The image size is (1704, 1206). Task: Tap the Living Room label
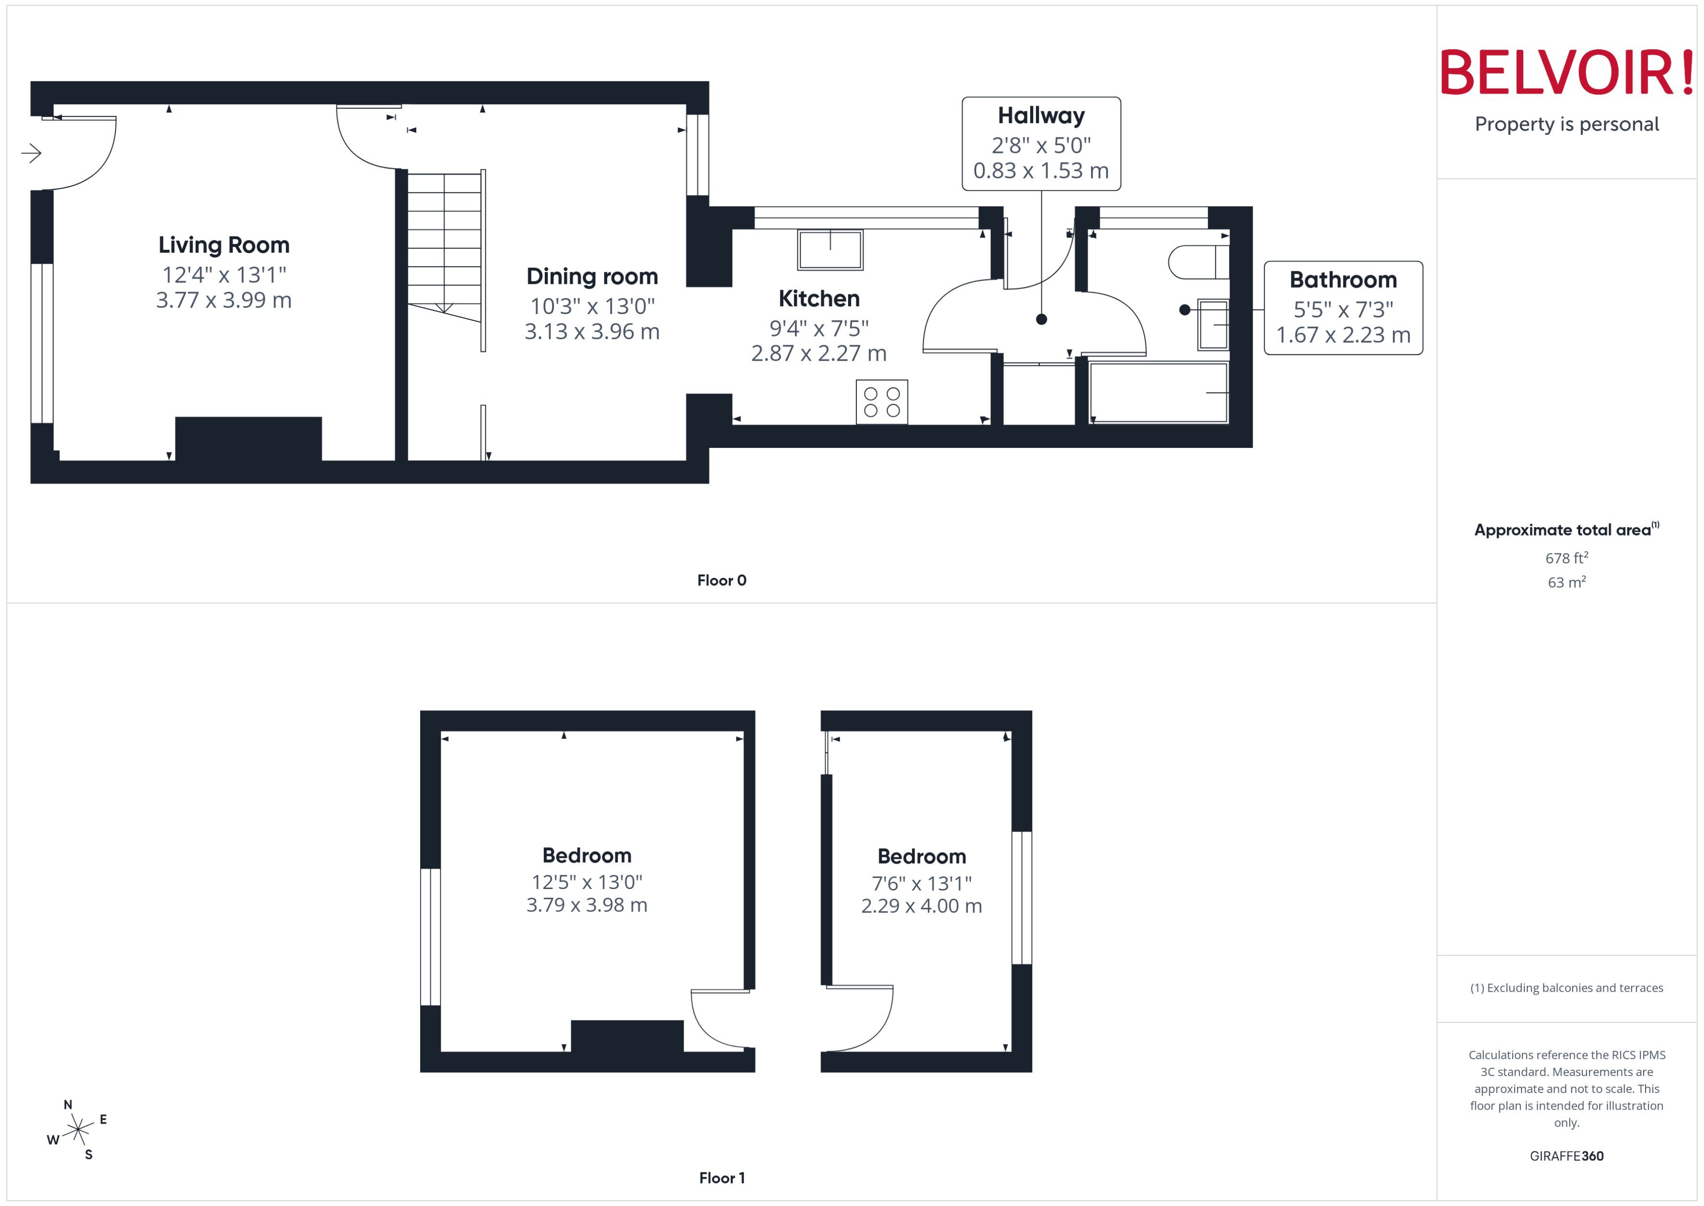(223, 245)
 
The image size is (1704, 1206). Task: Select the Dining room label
(592, 276)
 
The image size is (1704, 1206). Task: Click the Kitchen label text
(819, 298)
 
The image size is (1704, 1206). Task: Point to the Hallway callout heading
(1041, 116)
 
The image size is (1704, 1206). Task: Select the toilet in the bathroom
(1198, 262)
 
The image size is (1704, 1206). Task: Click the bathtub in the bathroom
(1158, 392)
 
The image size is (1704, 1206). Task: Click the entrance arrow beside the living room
(31, 154)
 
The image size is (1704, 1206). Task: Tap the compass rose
(77, 1130)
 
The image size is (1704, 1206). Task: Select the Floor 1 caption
(721, 1178)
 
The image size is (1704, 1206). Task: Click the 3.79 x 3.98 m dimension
(587, 905)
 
